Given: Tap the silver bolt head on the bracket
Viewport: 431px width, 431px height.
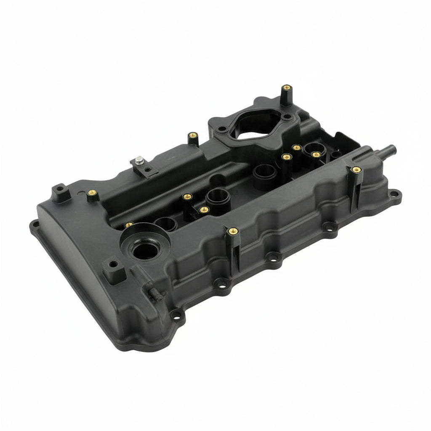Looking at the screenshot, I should point(138,160).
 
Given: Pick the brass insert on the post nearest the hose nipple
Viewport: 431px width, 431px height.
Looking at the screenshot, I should point(356,170).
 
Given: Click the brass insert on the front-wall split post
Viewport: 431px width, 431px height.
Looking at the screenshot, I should point(232,231).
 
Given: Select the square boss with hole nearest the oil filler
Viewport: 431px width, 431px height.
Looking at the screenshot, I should point(113,265).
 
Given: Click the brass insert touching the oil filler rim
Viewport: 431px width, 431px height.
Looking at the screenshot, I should point(129,225).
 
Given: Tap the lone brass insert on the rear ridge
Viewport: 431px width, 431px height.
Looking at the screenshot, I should point(192,136).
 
